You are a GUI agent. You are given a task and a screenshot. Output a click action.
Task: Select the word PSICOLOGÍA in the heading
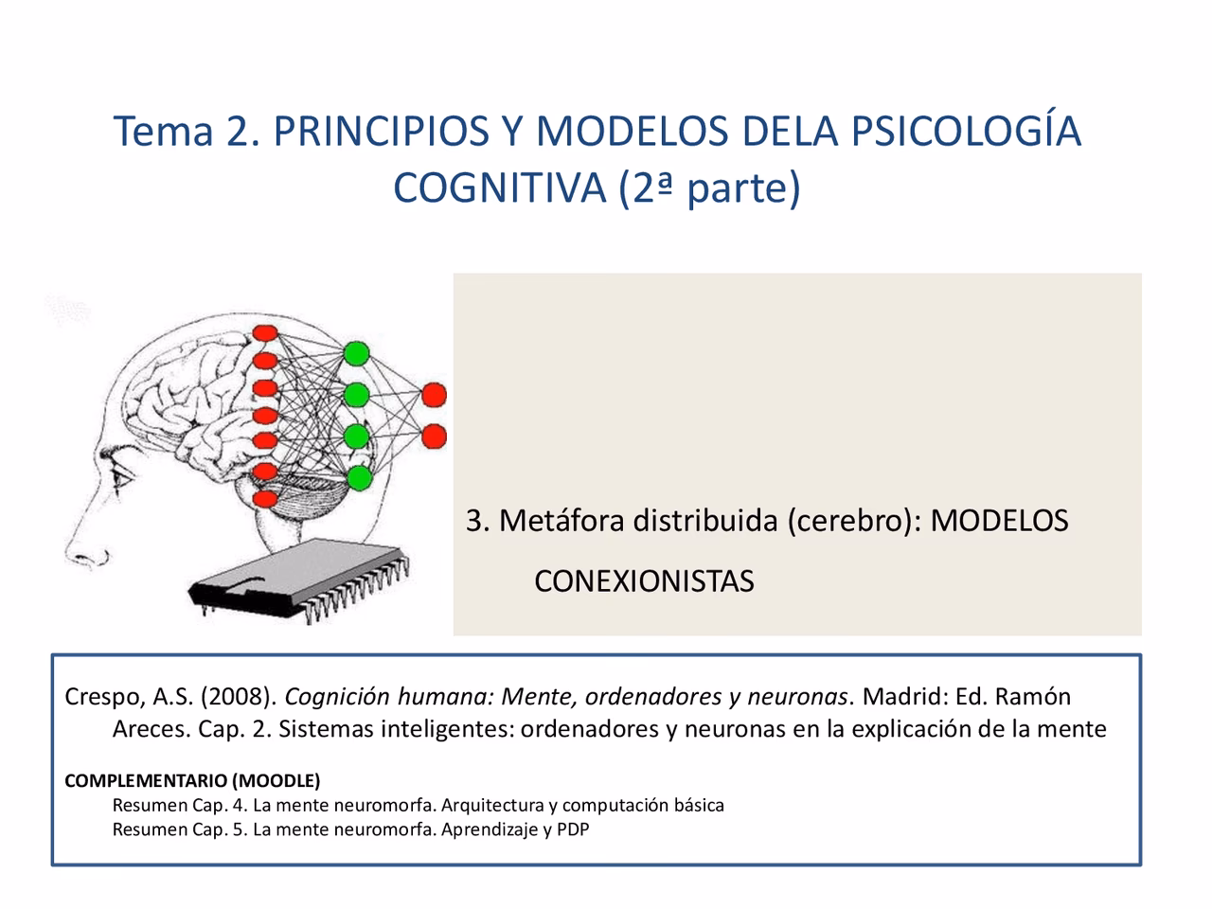tap(966, 131)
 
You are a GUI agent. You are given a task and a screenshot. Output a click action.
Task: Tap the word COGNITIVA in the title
tap(498, 187)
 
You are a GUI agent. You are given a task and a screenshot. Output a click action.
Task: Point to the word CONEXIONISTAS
tap(644, 580)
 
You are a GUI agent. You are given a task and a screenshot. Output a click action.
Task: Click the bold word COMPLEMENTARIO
tap(146, 781)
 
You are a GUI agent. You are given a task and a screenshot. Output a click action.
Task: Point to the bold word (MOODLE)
tap(276, 781)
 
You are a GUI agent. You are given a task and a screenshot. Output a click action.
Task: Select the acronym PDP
tap(573, 830)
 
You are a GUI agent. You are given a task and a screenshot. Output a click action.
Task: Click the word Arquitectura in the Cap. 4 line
tap(492, 806)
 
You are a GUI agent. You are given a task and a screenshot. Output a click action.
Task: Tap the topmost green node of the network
tap(356, 352)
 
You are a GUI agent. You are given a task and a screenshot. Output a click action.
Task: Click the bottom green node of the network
tap(358, 477)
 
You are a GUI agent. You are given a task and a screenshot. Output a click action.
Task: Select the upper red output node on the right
tap(434, 394)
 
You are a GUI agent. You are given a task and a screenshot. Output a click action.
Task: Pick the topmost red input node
tap(265, 332)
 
